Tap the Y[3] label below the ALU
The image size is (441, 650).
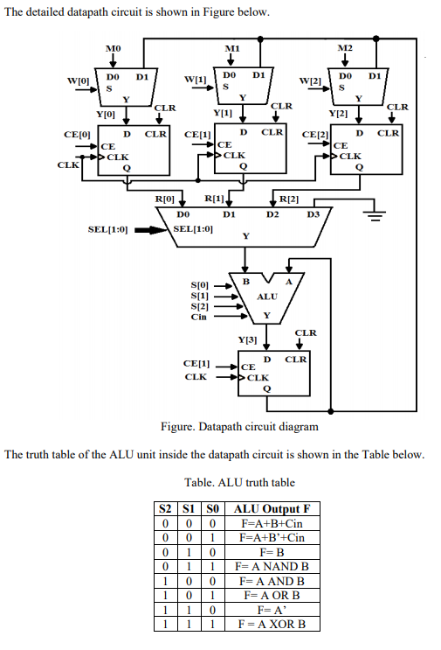click(x=247, y=339)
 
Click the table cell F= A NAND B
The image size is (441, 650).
click(x=272, y=567)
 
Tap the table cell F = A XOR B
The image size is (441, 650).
click(x=272, y=624)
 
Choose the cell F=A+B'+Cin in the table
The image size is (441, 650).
click(x=272, y=538)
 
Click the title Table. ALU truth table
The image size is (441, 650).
click(x=239, y=482)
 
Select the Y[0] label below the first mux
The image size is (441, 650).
click(x=105, y=114)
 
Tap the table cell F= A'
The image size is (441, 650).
click(x=272, y=610)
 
